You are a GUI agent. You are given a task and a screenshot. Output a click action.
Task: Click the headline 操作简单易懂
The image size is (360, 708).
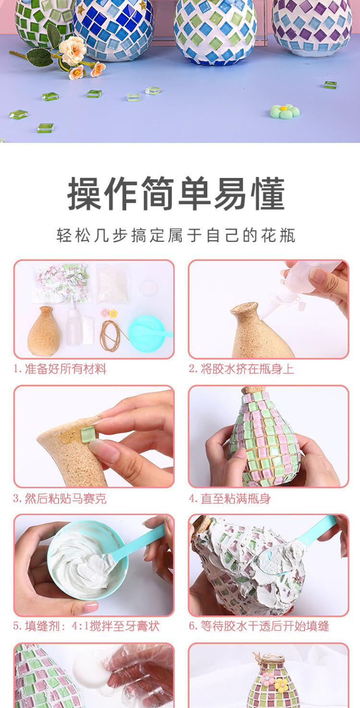click(176, 194)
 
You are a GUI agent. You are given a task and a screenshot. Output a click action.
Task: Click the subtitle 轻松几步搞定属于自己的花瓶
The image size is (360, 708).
click(176, 236)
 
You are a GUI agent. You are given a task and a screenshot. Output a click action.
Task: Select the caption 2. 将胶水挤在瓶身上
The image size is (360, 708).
click(241, 369)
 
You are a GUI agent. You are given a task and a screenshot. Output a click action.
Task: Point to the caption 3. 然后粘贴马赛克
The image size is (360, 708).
click(60, 499)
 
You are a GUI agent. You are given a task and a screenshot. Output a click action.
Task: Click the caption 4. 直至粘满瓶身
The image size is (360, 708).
click(229, 499)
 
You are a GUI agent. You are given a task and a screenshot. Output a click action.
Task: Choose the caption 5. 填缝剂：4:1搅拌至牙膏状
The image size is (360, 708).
click(86, 626)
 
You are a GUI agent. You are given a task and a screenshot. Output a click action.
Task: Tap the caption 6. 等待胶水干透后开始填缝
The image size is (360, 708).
click(259, 626)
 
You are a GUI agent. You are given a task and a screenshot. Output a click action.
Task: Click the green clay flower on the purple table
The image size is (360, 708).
click(285, 111)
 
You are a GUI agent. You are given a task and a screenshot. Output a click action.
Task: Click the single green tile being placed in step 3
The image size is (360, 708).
click(87, 435)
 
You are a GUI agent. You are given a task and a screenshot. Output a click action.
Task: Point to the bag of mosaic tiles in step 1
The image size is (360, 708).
click(61, 283)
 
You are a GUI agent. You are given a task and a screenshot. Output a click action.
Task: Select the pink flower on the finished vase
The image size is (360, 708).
click(267, 679)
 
